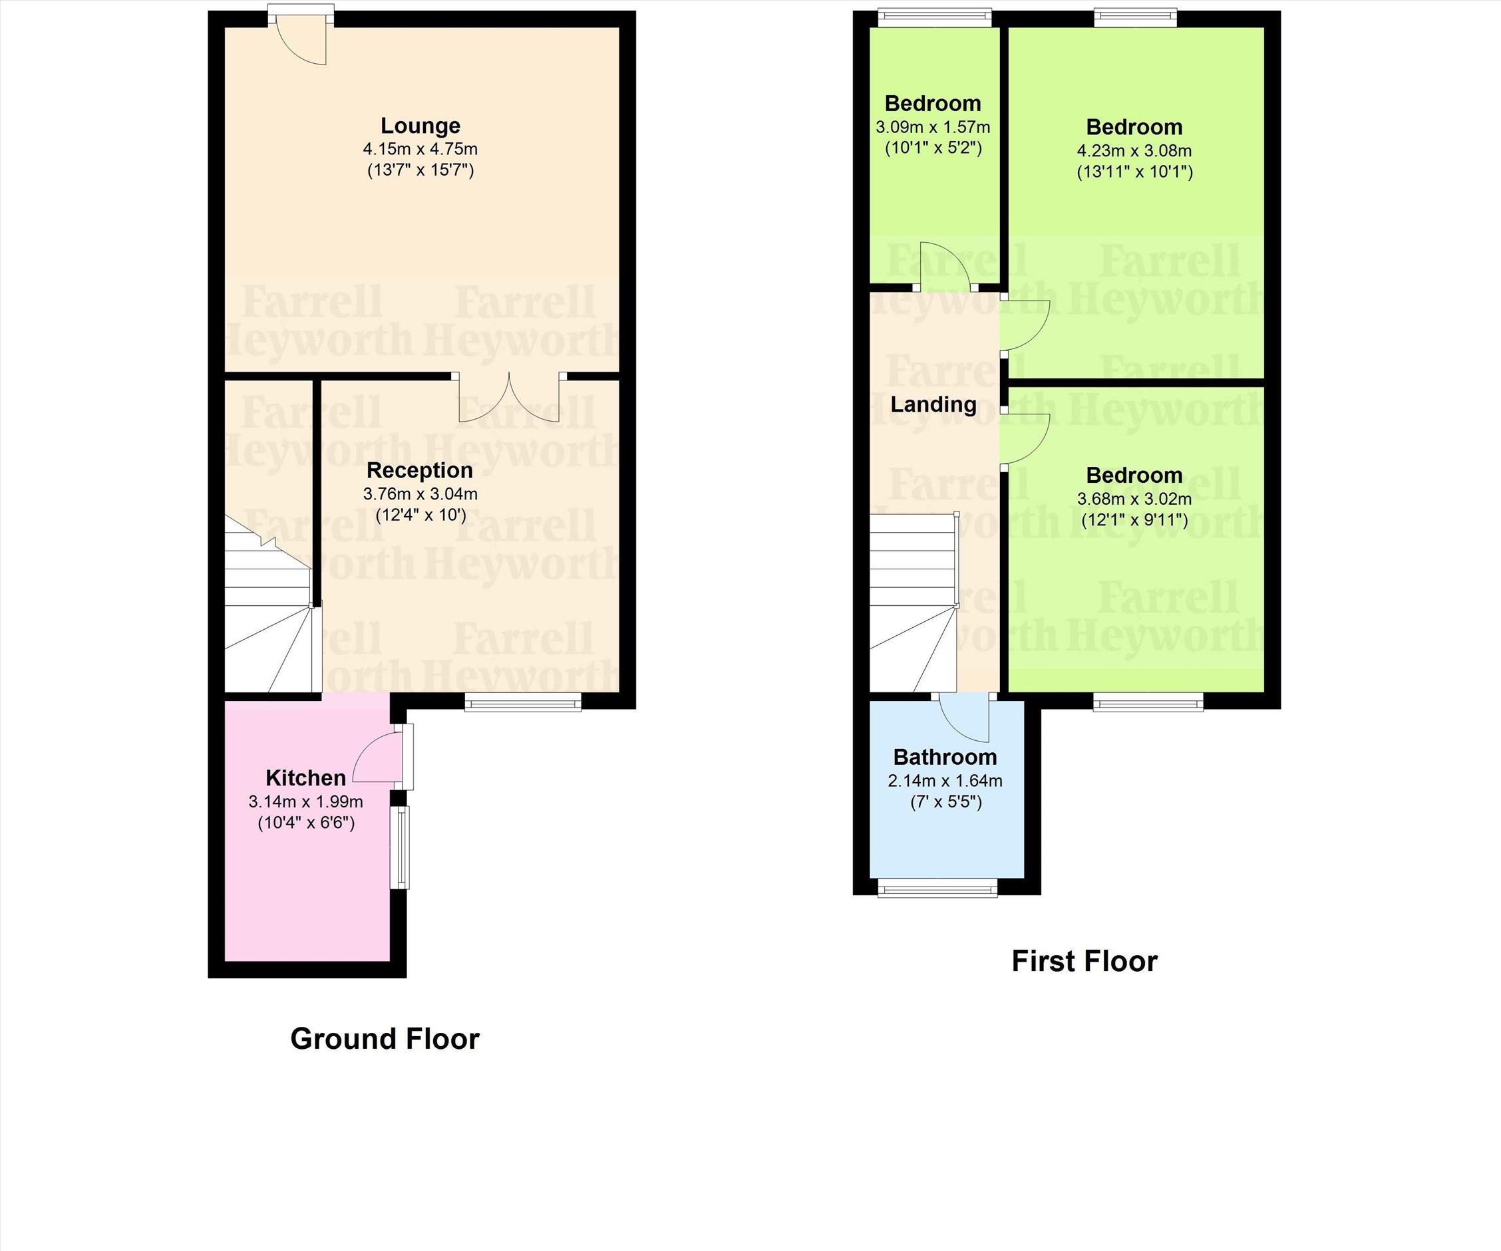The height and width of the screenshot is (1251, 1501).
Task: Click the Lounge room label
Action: click(420, 126)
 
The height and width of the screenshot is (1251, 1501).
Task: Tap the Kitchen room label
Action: click(306, 777)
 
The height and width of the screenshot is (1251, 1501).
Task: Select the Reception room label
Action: click(420, 470)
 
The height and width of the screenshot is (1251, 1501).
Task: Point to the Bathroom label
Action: click(945, 757)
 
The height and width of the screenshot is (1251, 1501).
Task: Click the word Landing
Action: click(933, 404)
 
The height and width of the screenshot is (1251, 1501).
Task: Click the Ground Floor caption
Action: click(385, 1039)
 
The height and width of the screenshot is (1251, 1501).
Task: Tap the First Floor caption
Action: click(1084, 962)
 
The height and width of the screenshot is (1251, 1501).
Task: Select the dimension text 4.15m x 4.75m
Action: click(420, 150)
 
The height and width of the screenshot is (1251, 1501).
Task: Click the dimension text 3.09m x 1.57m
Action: click(933, 128)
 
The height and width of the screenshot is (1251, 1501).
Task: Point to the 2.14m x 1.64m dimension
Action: click(945, 781)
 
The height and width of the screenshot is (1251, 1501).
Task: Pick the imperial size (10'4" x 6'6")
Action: click(306, 823)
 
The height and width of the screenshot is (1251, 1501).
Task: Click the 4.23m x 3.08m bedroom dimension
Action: click(1134, 151)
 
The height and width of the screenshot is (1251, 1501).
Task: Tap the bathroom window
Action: click(937, 888)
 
